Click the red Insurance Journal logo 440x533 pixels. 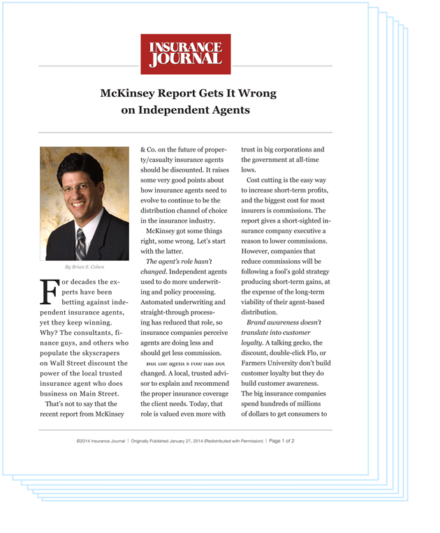tap(185, 54)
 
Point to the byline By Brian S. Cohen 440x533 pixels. tap(84, 267)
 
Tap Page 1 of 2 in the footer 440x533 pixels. tap(281, 441)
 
